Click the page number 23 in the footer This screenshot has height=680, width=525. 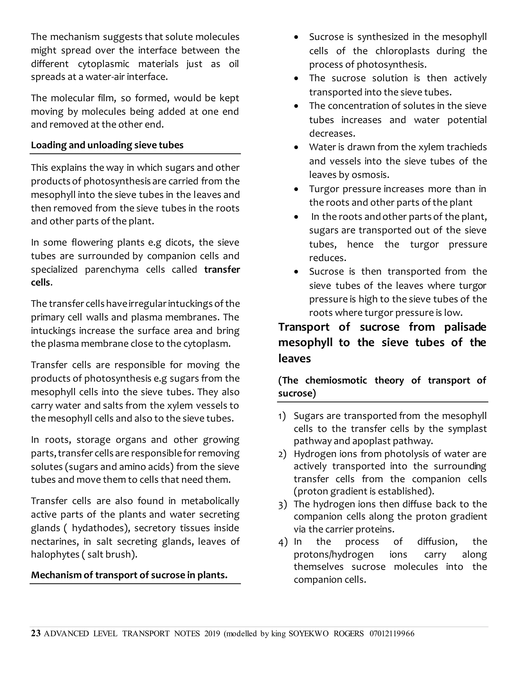[x=36, y=633]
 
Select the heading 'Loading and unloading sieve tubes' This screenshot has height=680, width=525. [x=107, y=145]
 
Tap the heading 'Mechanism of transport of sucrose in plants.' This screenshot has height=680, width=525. [x=129, y=575]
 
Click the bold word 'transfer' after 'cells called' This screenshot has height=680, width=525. [x=222, y=269]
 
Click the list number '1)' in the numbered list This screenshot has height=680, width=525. [x=282, y=416]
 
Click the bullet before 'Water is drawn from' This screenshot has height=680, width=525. [x=296, y=147]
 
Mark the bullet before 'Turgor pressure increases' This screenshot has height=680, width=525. [x=296, y=189]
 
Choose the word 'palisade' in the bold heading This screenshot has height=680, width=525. [x=465, y=327]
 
